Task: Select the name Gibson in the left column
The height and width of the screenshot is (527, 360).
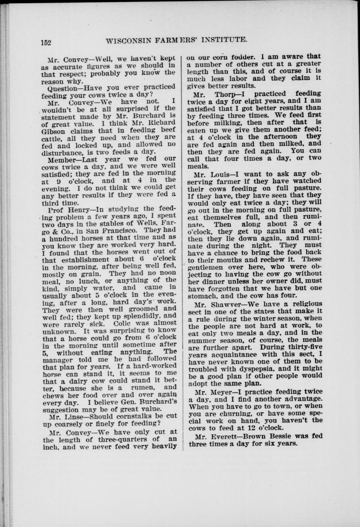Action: (x=52, y=130)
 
